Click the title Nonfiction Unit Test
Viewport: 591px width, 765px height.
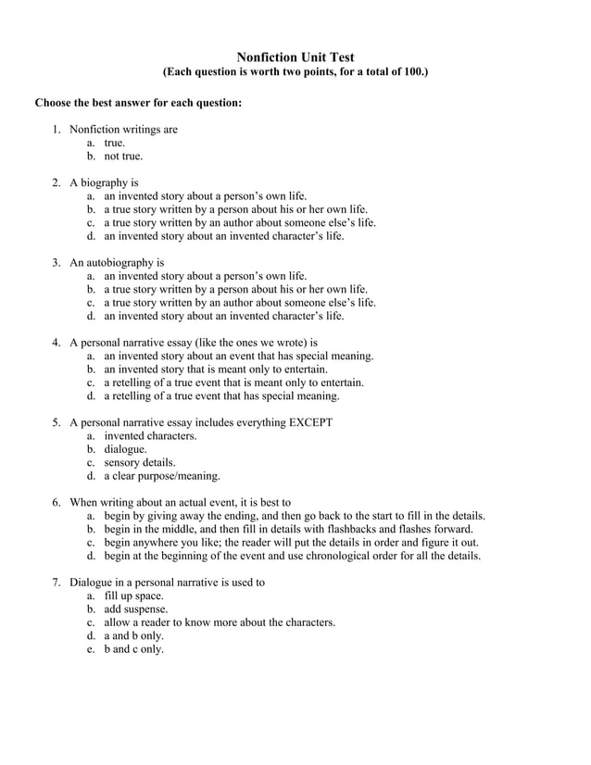coord(295,57)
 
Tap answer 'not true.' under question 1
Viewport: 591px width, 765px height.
coord(123,156)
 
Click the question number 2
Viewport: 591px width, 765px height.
coord(56,182)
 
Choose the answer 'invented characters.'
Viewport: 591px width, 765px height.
coord(150,435)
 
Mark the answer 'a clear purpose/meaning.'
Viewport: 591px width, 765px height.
coord(162,476)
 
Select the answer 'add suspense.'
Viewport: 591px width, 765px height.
coord(136,609)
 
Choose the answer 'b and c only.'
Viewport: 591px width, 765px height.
coord(134,649)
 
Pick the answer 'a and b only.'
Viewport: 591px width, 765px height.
coord(134,636)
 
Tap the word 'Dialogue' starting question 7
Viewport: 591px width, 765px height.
coord(94,583)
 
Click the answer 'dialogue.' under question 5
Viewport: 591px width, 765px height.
coord(125,449)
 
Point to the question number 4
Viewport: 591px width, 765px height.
coord(56,343)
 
